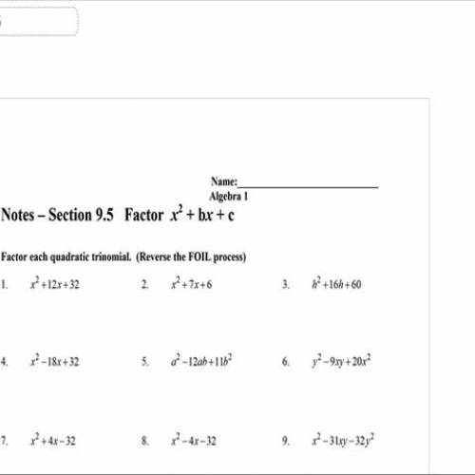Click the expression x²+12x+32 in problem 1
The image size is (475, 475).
(55, 284)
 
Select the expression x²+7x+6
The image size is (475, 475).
(192, 284)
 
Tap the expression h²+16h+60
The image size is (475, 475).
(336, 284)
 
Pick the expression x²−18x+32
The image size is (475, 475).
(55, 362)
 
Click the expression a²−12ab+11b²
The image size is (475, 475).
(200, 362)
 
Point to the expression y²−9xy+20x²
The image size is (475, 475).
(341, 362)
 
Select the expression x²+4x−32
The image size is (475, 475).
(52, 441)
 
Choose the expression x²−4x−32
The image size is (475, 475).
(194, 441)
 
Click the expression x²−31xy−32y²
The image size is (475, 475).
(343, 441)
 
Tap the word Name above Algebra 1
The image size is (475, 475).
(223, 182)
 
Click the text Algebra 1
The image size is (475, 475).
(228, 196)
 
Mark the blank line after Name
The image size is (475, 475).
(309, 184)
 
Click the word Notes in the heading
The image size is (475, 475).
(20, 216)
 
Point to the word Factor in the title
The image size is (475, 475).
(143, 216)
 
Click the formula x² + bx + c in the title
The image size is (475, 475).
(202, 215)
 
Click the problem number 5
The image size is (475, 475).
(145, 363)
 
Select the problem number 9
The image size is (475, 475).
(285, 442)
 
